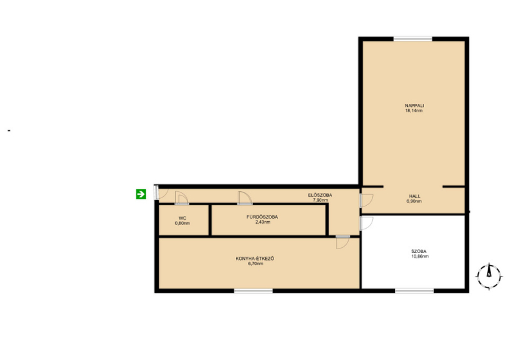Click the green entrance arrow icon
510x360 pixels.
pyautogui.click(x=141, y=194)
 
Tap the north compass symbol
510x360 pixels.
pyautogui.click(x=488, y=277)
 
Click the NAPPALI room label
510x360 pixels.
pyautogui.click(x=414, y=106)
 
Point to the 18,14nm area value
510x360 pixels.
pyautogui.click(x=414, y=111)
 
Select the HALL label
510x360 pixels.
pyautogui.click(x=415, y=196)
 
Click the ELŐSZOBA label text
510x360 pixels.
pyautogui.click(x=320, y=195)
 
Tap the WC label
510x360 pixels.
pyautogui.click(x=182, y=218)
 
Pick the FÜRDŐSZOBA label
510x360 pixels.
pyautogui.click(x=262, y=217)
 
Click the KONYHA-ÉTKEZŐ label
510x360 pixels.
pyautogui.click(x=255, y=259)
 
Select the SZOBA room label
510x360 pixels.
pyautogui.click(x=419, y=252)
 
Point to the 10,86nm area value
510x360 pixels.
pyautogui.click(x=420, y=256)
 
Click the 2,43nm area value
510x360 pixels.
pyautogui.click(x=263, y=222)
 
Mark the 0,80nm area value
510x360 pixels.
pyautogui.click(x=182, y=224)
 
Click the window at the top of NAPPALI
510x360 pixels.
pyautogui.click(x=413, y=39)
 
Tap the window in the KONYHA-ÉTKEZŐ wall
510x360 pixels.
pyautogui.click(x=253, y=291)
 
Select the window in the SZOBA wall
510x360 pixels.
pyautogui.click(x=414, y=291)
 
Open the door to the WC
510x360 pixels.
pyautogui.click(x=182, y=198)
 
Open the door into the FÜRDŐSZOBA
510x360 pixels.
pyautogui.click(x=245, y=198)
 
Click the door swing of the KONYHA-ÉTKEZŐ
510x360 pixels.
pyautogui.click(x=343, y=242)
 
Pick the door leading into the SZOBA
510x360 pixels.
pyautogui.click(x=366, y=223)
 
